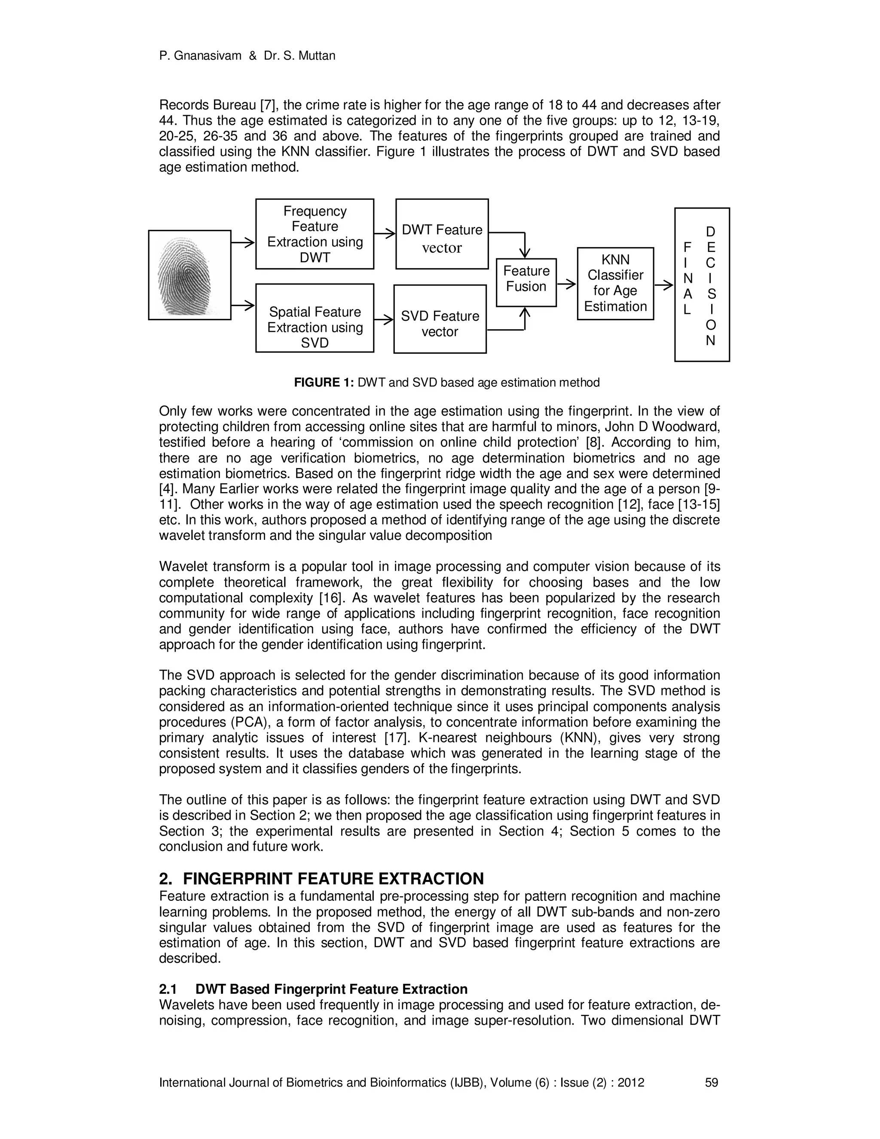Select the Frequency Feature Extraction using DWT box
[315, 234]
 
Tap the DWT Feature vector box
[442, 234]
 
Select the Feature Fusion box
[526, 282]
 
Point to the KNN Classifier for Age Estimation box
[615, 283]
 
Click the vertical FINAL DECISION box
[702, 284]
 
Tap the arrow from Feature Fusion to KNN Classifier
[567, 284]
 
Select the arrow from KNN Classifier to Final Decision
[663, 285]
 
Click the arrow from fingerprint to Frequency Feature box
[242, 242]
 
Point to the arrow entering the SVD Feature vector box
[384, 320]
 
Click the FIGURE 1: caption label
[324, 382]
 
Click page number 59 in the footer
[711, 1083]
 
